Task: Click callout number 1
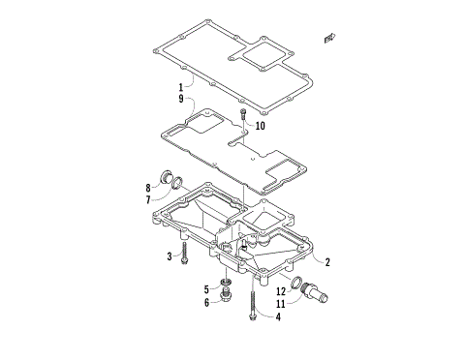coord(180,87)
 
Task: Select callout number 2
coord(327,261)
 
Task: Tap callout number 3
coord(169,256)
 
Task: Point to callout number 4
coord(277,316)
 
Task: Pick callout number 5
coord(206,288)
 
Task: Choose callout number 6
coord(206,302)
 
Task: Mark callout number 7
coord(148,200)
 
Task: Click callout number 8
coord(148,187)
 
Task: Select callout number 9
coord(180,99)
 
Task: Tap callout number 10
coord(261,125)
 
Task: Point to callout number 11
coord(281,302)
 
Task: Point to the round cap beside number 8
coord(167,177)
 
